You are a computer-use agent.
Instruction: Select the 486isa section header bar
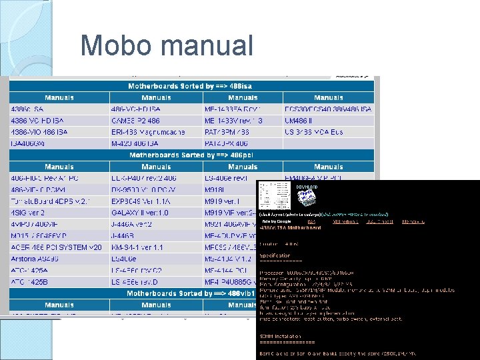191,86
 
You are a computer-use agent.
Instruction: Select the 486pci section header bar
191,155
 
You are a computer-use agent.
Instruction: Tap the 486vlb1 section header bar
191,293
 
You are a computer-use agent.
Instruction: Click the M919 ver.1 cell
222,201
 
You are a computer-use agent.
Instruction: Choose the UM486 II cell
298,121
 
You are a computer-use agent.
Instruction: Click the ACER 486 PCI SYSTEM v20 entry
56,247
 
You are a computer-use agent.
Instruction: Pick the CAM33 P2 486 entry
136,121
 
